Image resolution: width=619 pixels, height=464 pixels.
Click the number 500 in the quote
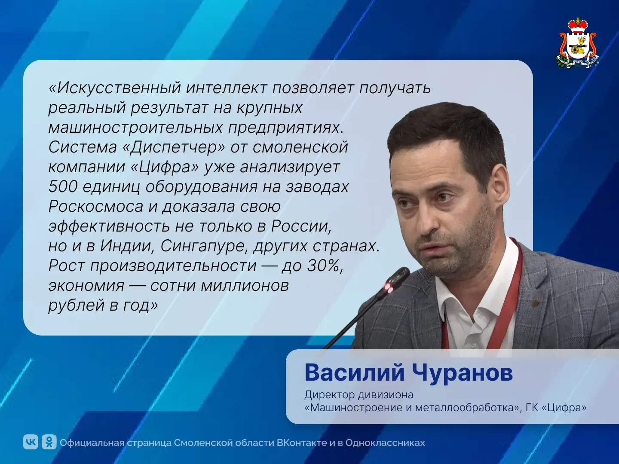[x=63, y=186]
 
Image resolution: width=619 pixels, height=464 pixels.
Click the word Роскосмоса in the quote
[x=96, y=207]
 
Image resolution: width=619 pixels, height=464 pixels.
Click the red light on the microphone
[x=389, y=287]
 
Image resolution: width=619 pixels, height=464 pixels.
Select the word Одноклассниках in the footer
[x=385, y=443]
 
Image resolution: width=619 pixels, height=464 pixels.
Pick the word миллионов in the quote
[x=245, y=286]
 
